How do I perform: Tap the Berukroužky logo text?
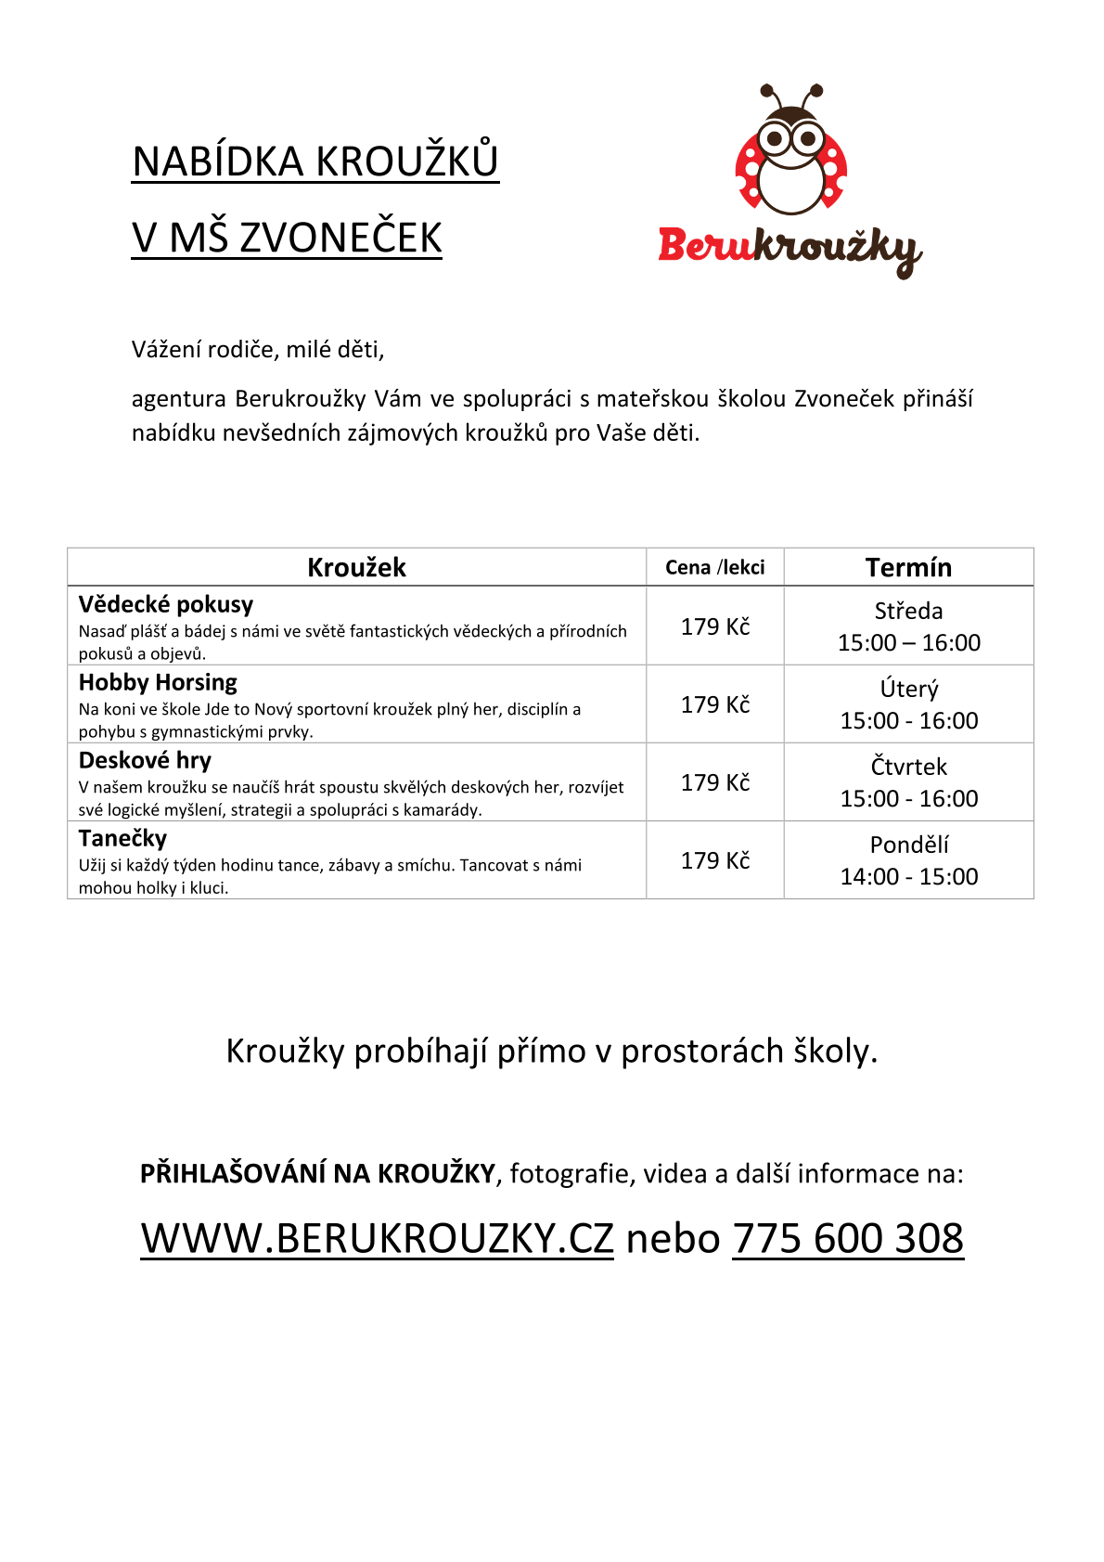point(789,248)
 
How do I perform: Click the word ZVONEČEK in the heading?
point(340,238)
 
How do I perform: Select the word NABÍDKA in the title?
point(218,161)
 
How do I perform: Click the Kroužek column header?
point(356,567)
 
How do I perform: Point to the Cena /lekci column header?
point(714,567)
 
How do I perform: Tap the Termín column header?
point(908,567)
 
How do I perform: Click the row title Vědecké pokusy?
point(166,604)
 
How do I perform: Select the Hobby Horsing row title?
point(158,682)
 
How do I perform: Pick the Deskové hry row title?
point(145,760)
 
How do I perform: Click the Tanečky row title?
point(122,838)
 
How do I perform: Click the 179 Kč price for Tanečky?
point(714,860)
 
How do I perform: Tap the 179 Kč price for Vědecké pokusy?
point(714,626)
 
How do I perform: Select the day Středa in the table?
point(908,611)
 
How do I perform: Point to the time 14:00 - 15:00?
point(908,876)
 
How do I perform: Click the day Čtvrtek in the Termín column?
point(908,767)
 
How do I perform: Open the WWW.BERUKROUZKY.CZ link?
point(377,1238)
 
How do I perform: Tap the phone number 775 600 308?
point(848,1238)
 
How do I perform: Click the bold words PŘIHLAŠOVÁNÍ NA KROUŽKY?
point(317,1173)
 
